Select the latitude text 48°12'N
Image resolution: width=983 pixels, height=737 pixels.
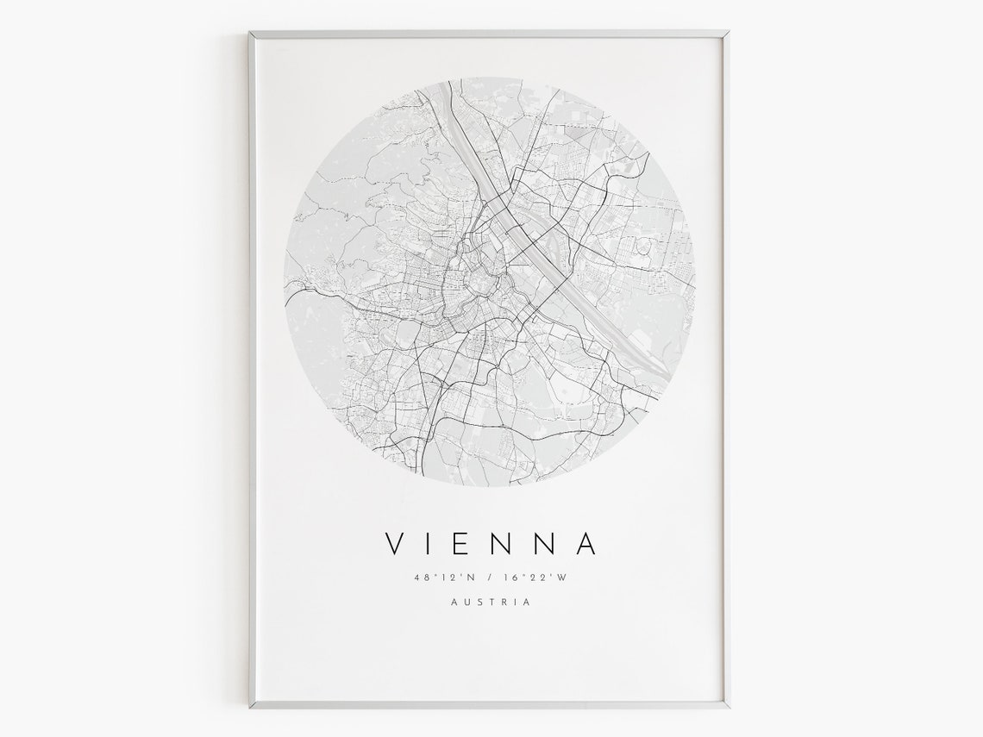pos(439,578)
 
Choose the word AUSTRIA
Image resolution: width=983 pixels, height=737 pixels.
pos(491,602)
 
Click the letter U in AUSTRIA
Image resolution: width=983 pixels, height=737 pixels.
pos(466,602)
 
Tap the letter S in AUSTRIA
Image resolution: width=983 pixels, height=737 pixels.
pos(479,602)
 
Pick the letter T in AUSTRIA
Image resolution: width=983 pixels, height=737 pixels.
pos(491,602)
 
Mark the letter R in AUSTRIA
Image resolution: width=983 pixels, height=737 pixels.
pos(504,602)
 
